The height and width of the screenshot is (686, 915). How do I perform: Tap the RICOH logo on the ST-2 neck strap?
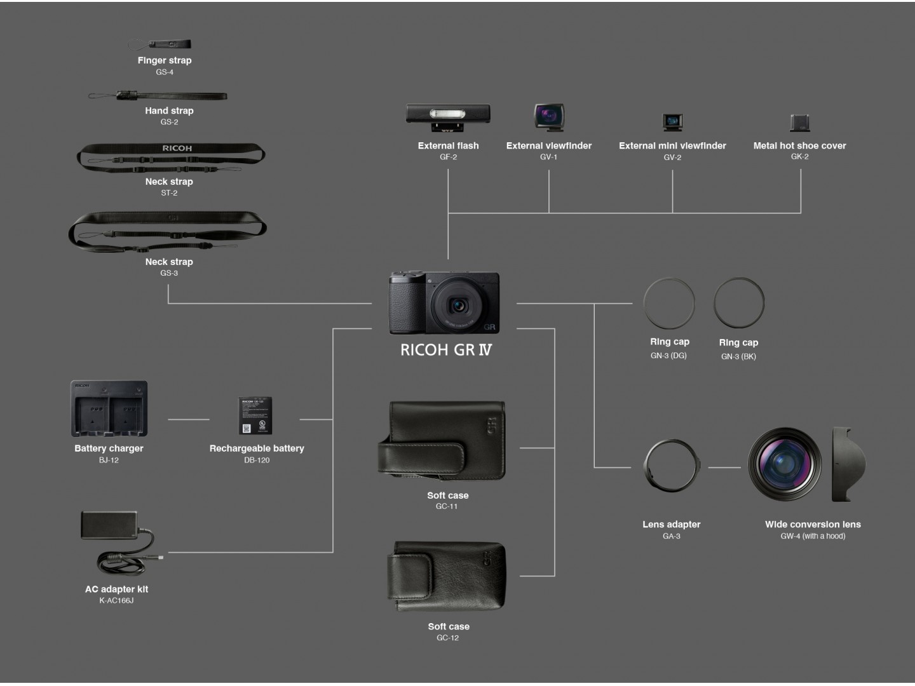(177, 148)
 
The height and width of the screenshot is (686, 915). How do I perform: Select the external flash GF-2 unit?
(448, 118)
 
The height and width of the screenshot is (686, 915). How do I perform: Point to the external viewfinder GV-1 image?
(550, 117)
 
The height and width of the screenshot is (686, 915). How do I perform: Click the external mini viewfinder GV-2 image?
(672, 122)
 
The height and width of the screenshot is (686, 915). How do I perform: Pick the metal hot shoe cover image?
(800, 123)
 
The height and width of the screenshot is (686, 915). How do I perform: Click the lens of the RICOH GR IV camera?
(458, 306)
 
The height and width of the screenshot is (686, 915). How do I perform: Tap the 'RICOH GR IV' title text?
(446, 350)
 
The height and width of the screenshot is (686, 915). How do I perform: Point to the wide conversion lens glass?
(785, 464)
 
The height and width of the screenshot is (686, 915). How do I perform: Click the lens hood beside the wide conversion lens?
(848, 464)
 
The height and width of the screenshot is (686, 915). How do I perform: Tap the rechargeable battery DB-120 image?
(255, 415)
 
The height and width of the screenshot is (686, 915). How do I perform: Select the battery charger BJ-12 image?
(109, 408)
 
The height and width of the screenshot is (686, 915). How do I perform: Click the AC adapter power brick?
(109, 525)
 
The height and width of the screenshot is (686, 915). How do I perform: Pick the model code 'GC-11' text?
(447, 506)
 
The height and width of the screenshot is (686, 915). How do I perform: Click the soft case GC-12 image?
(447, 576)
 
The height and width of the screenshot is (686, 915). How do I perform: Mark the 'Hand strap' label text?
(169, 111)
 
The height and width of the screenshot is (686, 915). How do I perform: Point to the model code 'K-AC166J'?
(116, 601)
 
